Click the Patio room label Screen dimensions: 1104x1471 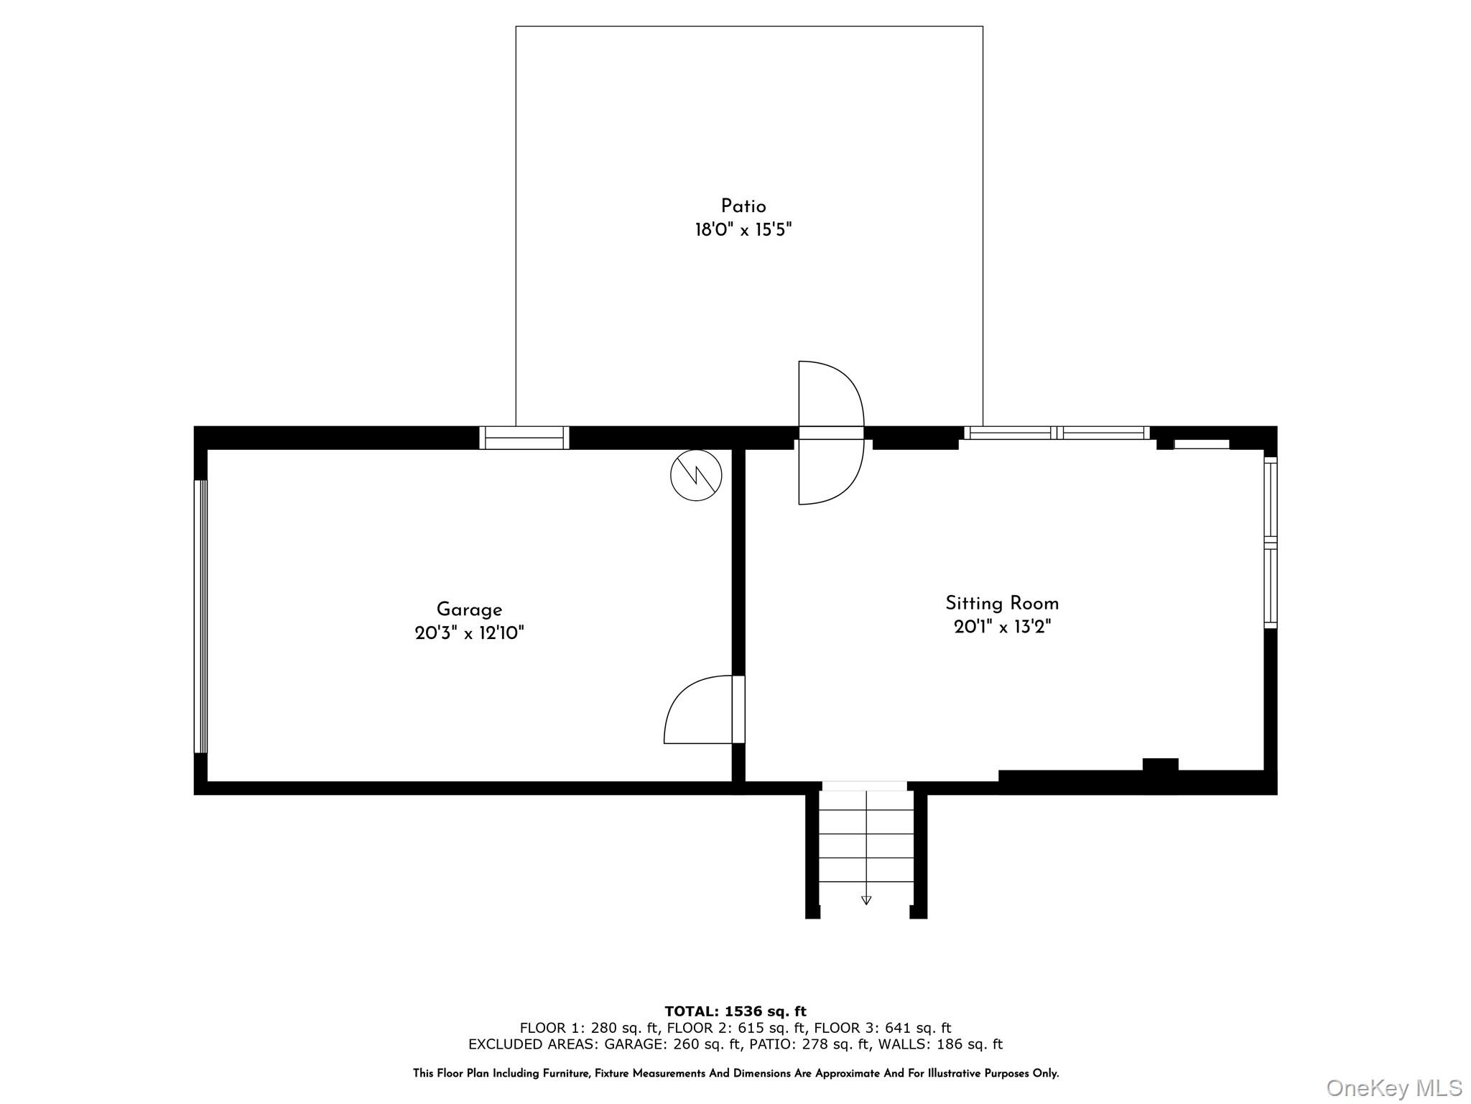point(743,206)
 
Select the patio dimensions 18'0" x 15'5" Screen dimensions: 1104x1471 point(743,230)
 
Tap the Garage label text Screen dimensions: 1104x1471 point(469,609)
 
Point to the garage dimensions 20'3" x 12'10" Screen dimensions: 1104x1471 point(469,633)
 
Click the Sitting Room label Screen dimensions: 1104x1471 point(1002,603)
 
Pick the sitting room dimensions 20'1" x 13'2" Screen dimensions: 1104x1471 point(1002,627)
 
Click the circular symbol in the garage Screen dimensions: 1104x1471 point(696,475)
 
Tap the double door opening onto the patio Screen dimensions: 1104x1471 point(831,433)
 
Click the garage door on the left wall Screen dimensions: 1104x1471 point(200,616)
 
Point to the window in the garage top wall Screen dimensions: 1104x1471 point(524,438)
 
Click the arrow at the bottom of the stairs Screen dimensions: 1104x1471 point(866,900)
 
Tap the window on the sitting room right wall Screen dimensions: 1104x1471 point(1271,543)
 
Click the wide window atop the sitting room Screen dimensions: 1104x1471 point(1057,433)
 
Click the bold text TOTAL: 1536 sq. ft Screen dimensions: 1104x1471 point(735,1012)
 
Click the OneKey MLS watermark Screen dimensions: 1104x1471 point(1393,1087)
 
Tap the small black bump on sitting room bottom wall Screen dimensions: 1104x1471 point(1160,764)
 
